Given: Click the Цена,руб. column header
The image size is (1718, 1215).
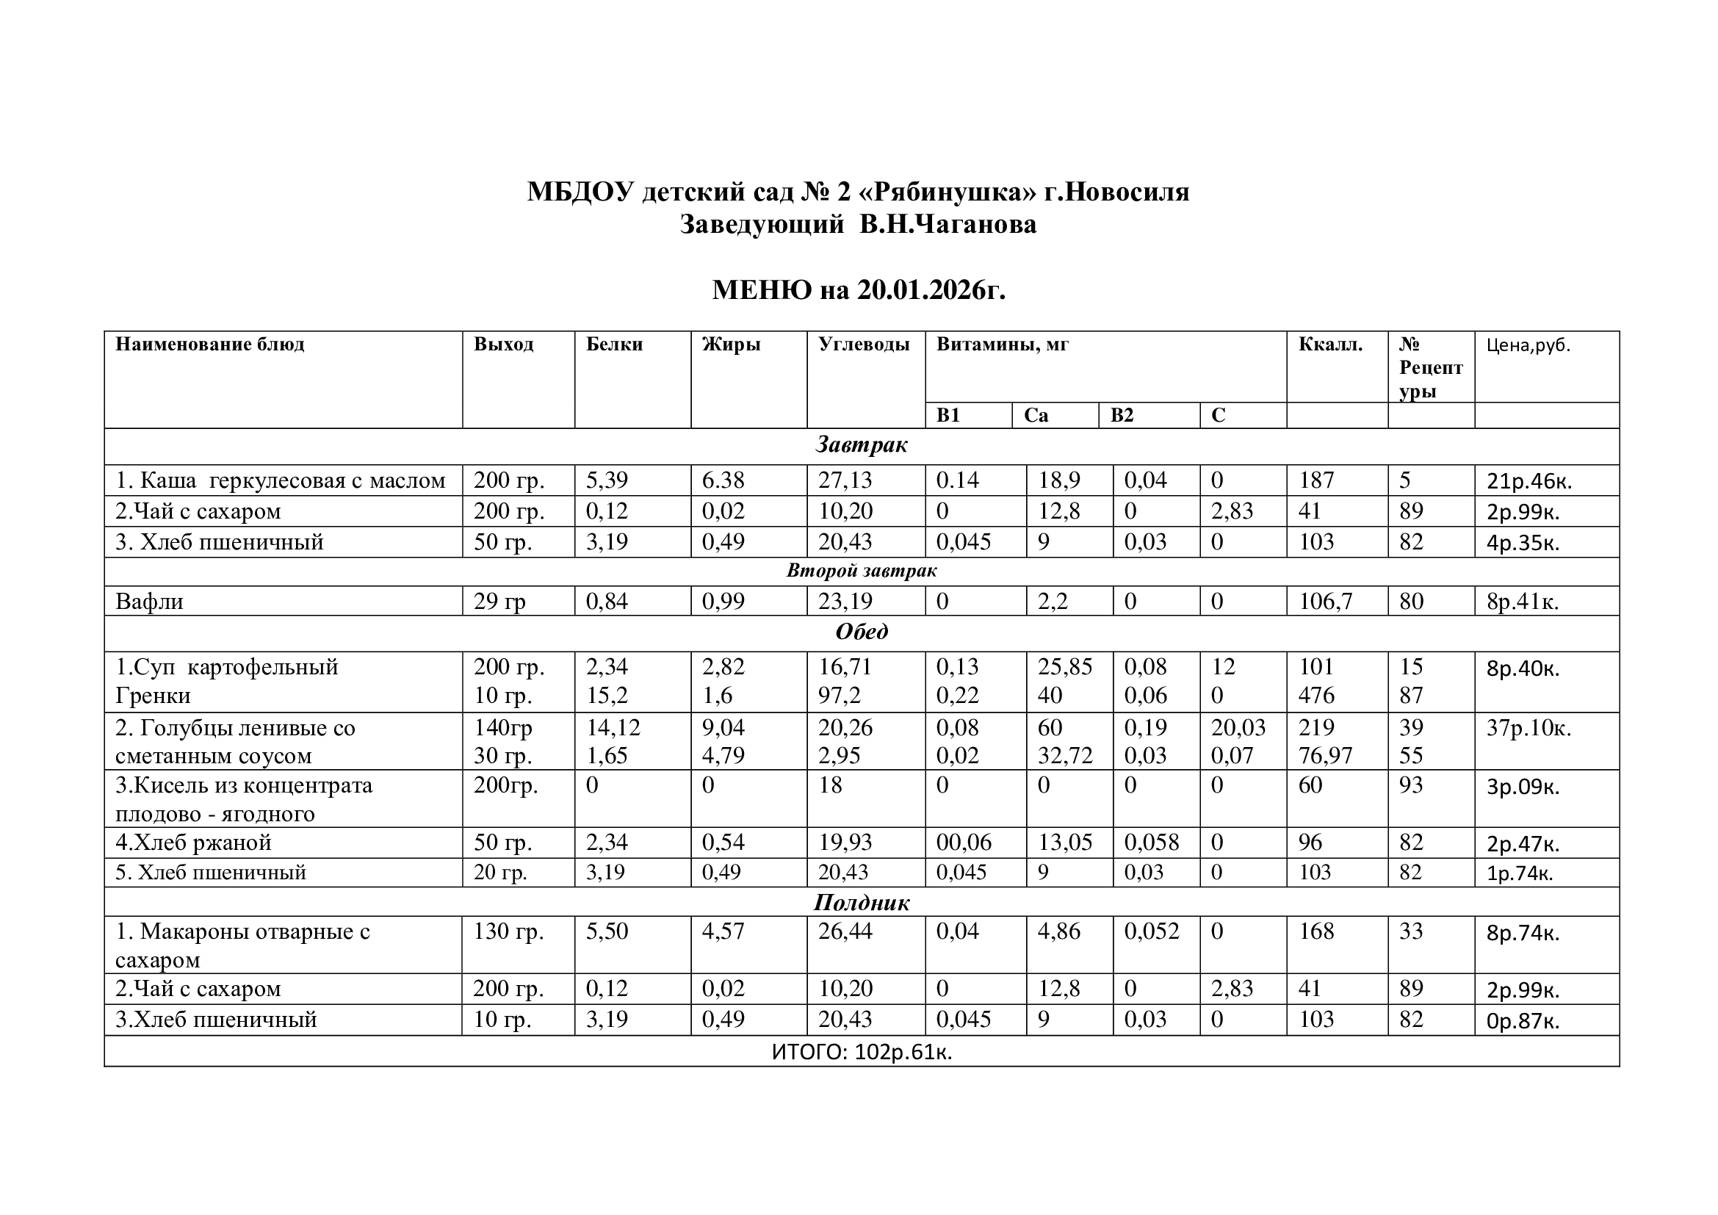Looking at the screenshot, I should pyautogui.click(x=1528, y=345).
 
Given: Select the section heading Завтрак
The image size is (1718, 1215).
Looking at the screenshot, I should pyautogui.click(x=862, y=445).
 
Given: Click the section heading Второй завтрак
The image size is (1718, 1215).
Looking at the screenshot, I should pyautogui.click(x=862, y=571).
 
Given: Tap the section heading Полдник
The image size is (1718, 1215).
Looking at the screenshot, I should pyautogui.click(x=862, y=903).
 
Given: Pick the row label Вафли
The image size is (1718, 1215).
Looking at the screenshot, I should pyautogui.click(x=149, y=602).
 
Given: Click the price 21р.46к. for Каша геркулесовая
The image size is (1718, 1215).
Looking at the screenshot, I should pyautogui.click(x=1528, y=481).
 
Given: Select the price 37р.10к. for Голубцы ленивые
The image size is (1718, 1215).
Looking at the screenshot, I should pyautogui.click(x=1528, y=727).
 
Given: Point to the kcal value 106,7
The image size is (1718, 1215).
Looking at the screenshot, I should pyautogui.click(x=1325, y=602).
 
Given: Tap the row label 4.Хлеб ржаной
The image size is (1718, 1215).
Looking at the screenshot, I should pyautogui.click(x=193, y=843).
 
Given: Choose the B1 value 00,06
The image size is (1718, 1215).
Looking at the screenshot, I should pyautogui.click(x=964, y=843).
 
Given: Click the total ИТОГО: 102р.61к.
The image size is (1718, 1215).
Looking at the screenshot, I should pyautogui.click(x=862, y=1052).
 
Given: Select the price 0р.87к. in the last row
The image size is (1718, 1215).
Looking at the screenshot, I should pyautogui.click(x=1523, y=1021).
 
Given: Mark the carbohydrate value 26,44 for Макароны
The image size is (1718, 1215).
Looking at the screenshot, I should pyautogui.click(x=845, y=931).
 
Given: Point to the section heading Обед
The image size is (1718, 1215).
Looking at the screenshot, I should pyautogui.click(x=862, y=632).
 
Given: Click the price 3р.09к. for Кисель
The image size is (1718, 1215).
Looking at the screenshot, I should pyautogui.click(x=1523, y=787).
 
